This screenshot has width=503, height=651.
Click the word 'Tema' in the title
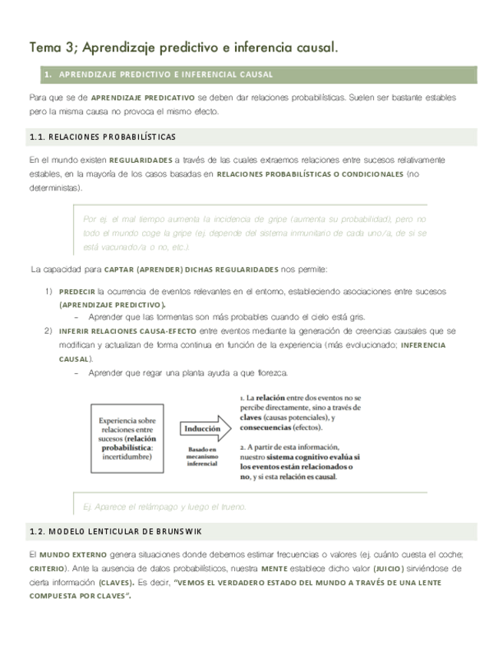click(45, 48)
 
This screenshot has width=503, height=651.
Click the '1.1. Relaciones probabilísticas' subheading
click(102, 137)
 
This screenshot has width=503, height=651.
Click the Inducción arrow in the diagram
click(203, 428)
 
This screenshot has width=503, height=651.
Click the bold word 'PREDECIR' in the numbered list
click(76, 292)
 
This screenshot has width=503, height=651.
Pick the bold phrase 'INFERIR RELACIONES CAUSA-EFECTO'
click(127, 331)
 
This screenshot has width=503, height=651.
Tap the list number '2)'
click(48, 331)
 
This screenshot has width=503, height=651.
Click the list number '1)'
click(48, 292)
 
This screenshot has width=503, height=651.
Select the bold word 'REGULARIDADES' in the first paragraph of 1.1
click(141, 160)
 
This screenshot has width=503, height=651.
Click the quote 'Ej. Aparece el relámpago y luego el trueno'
click(164, 507)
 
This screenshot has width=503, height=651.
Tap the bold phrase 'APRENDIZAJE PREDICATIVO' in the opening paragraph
click(142, 98)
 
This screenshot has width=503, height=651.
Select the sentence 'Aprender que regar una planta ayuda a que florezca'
click(188, 373)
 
